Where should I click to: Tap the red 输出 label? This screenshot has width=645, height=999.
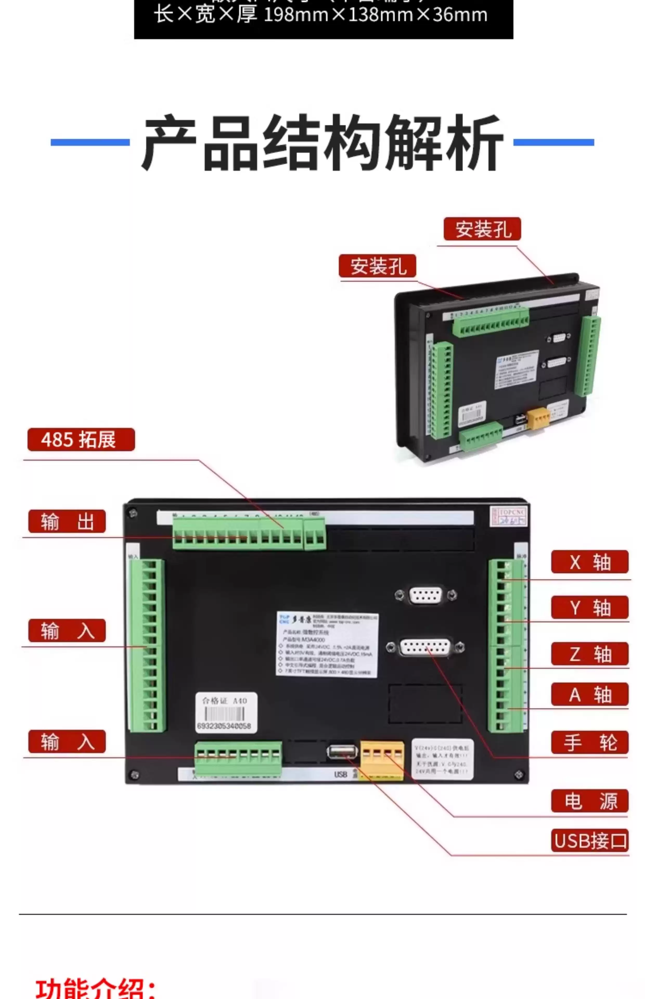click(x=67, y=522)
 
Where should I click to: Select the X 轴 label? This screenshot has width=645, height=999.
click(x=589, y=562)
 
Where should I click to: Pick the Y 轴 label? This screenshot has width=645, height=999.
click(x=589, y=607)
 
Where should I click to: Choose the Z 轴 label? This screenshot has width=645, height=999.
click(x=589, y=654)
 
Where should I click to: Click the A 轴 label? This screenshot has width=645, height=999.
click(x=589, y=694)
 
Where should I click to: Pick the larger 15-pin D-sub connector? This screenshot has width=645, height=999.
click(x=425, y=647)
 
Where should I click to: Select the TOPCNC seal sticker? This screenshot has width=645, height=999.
click(x=508, y=516)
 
